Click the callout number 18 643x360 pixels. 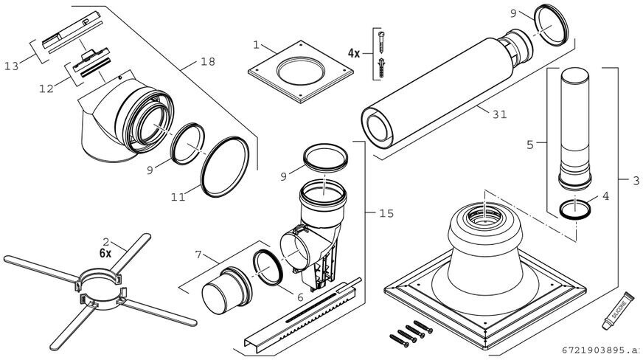(x=208, y=61)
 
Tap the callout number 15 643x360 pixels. (x=386, y=213)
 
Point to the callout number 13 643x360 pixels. (x=11, y=66)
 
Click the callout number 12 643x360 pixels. (x=46, y=89)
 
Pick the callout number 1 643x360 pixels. (x=256, y=45)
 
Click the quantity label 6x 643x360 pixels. (x=105, y=252)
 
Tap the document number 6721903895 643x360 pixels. (x=599, y=350)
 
